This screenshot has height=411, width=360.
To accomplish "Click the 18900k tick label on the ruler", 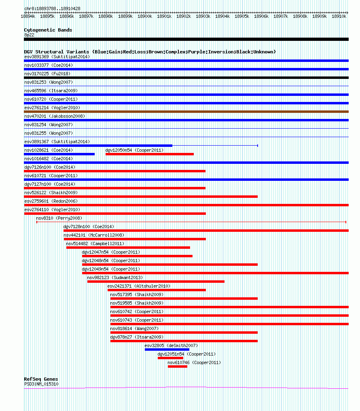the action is click(x=145, y=16).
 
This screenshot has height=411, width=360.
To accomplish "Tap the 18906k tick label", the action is click(x=261, y=16).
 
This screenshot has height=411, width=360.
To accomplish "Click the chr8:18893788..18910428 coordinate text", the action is click(x=52, y=8).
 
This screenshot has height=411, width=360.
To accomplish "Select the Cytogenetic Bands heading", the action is click(x=48, y=30).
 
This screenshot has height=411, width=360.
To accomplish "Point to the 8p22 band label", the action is click(x=29, y=35).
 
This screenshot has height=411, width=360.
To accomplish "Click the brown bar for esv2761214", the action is click(x=186, y=112).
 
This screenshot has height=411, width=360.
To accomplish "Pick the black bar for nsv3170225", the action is click(x=186, y=78).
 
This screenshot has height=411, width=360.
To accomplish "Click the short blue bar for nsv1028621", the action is click(x=59, y=154).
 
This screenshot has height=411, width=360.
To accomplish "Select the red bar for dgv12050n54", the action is click(x=150, y=154).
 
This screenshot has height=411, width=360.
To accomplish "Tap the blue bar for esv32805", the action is click(x=167, y=350).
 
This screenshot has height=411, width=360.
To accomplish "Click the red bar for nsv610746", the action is click(x=178, y=367).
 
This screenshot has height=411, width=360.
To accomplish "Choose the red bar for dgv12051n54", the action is click(x=170, y=358).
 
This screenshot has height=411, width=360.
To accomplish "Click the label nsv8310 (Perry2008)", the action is click(x=59, y=218).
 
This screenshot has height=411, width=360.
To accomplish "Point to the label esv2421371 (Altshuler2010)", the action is click(x=139, y=286).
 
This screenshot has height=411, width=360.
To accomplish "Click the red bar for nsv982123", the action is click(x=156, y=282).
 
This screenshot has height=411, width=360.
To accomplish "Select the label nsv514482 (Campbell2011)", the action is click(x=95, y=244).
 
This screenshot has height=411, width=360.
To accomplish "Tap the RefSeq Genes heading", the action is click(x=41, y=379).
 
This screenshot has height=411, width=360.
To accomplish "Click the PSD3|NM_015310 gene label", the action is click(x=41, y=384).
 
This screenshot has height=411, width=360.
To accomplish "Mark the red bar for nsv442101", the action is click(x=135, y=239).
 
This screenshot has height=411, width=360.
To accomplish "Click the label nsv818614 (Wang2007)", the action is click(x=134, y=328).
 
